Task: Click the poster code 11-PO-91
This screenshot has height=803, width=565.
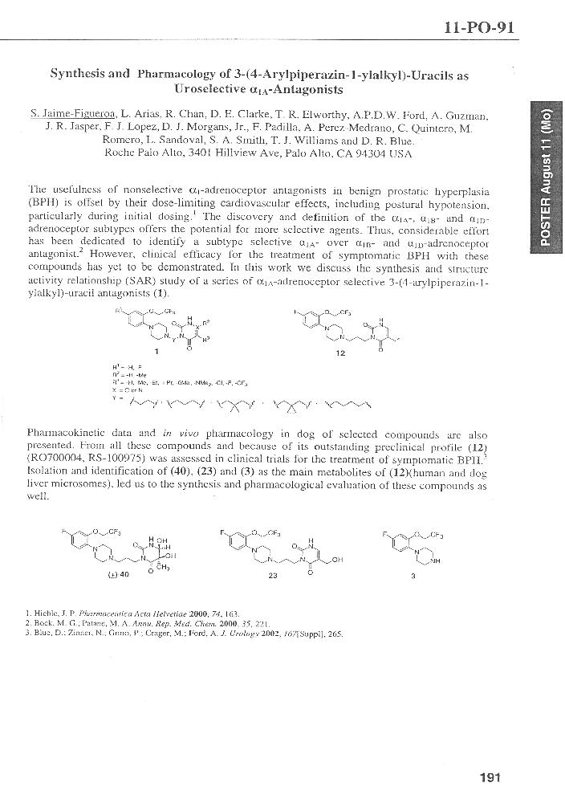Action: tap(480, 28)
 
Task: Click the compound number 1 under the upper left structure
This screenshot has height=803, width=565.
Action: tap(156, 351)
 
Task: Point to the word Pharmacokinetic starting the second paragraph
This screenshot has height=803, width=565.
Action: tap(64, 433)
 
